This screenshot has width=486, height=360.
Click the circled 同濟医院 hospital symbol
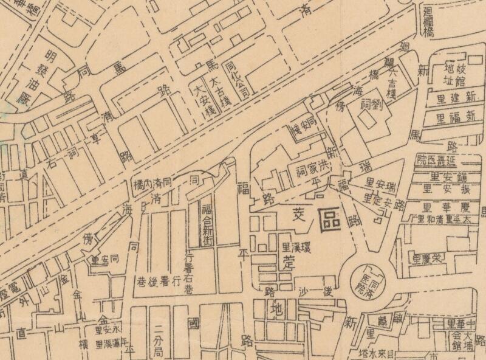coord(367,278)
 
